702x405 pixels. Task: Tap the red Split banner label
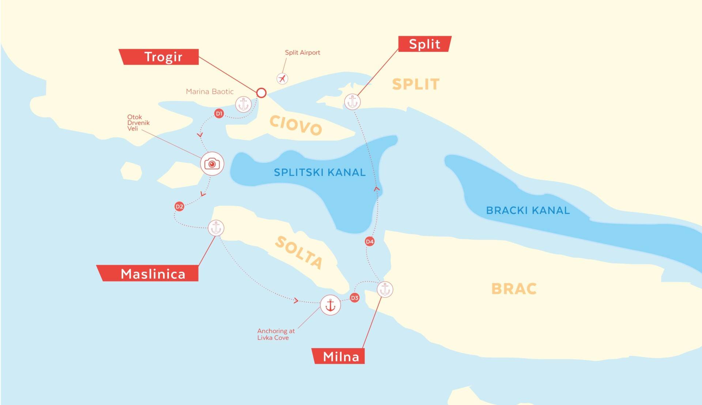point(424,44)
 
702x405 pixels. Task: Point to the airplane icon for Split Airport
point(282,78)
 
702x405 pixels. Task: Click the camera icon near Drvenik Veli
point(212,164)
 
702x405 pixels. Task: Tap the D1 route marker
point(219,113)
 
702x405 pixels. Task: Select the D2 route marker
point(179,206)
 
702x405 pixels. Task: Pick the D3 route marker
point(354,298)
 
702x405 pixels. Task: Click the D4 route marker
point(370,241)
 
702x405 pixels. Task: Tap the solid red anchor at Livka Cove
point(330,305)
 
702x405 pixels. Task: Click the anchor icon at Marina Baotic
point(243,104)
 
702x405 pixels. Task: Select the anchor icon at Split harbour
point(352,101)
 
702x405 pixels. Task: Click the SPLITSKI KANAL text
point(320,172)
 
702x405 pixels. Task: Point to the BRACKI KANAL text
point(528,210)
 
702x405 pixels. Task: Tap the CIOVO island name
point(295,125)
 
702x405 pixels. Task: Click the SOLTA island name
point(299,252)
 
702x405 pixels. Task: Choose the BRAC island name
point(514,289)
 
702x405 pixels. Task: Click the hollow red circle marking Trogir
point(261,93)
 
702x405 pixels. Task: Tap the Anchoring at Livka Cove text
point(276,334)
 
